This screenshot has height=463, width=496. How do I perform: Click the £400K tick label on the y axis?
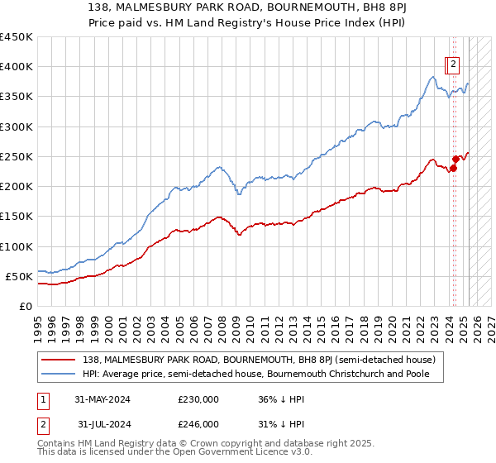pos(17,67)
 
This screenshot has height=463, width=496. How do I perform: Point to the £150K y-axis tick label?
pos(17,217)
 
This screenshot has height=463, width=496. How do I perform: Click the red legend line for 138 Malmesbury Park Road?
pos(58,360)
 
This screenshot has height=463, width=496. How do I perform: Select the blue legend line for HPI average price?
pos(58,374)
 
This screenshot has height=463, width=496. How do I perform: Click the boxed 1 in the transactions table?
pos(42,399)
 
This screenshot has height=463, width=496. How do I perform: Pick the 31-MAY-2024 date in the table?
pos(103,399)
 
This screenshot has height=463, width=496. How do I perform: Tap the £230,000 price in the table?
pos(198,399)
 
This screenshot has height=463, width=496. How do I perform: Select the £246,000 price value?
pos(198,424)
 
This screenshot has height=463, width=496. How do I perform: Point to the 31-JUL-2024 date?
pos(103,424)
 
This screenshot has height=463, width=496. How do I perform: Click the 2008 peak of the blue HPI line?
pos(220,167)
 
